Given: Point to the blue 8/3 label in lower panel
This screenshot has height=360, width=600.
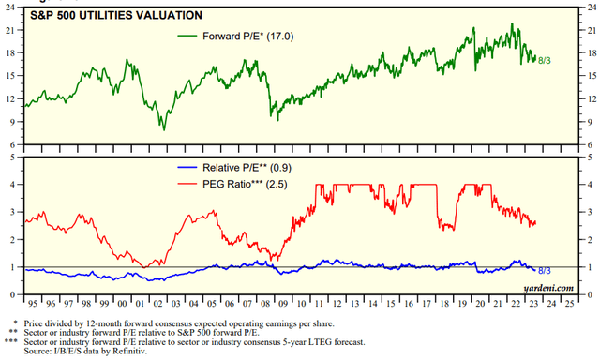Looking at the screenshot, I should click(x=546, y=270).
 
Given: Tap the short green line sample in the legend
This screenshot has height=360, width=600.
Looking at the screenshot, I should click(x=187, y=37).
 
